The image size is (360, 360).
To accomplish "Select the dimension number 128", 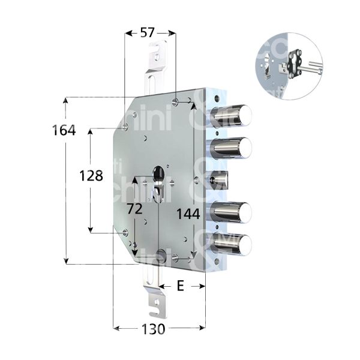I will click(91, 176).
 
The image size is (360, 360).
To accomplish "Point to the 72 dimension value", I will click(135, 209).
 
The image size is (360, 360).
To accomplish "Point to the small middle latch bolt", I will click(223, 179).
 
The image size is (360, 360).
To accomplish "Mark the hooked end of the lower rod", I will click(157, 307).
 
